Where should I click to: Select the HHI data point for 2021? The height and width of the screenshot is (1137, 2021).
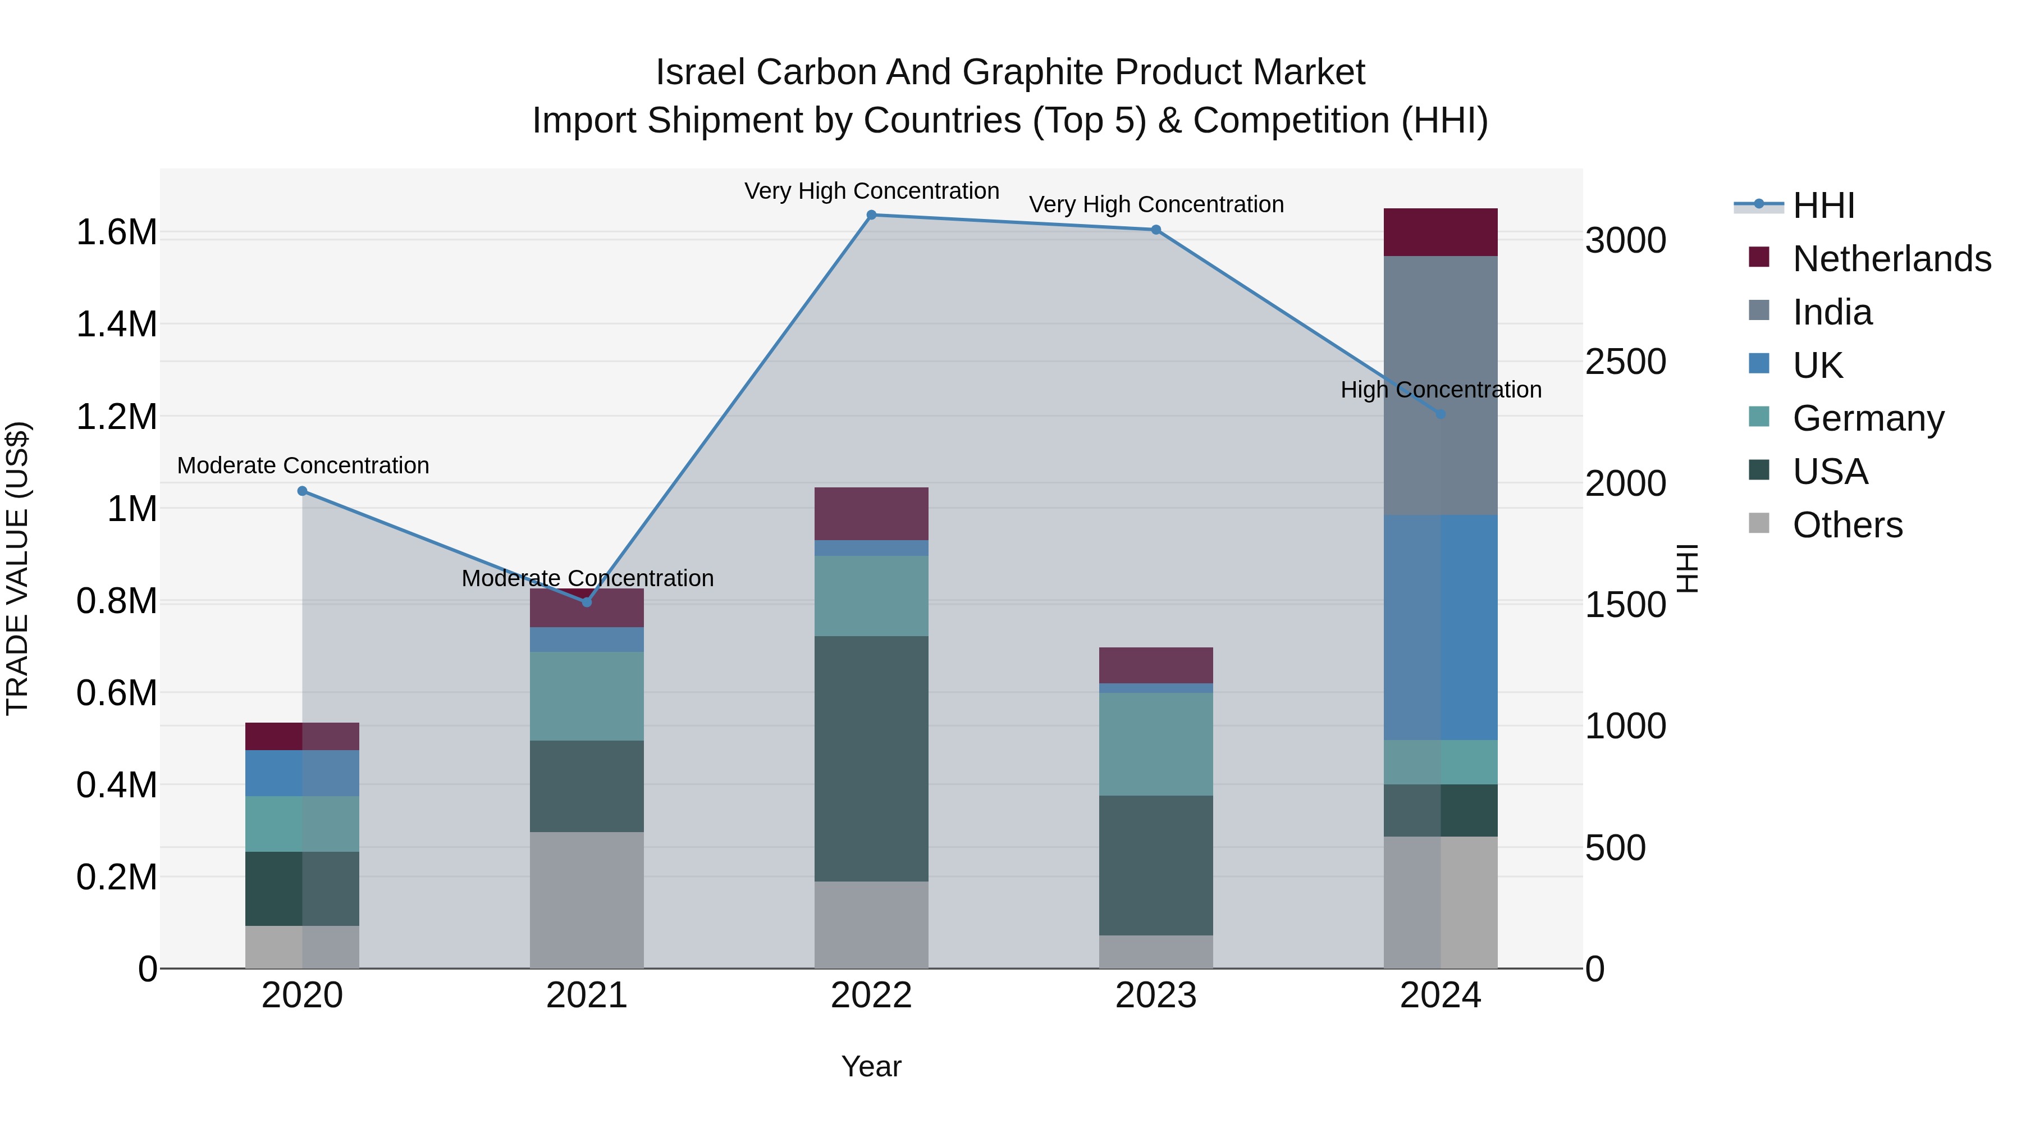pos(587,602)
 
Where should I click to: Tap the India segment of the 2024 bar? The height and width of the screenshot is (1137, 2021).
pos(1441,385)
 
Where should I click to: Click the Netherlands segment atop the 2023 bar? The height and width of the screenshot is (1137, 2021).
pos(1156,665)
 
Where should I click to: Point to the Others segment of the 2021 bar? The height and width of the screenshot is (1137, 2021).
pos(587,900)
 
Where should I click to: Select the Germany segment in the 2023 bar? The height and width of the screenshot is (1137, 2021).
pos(1156,744)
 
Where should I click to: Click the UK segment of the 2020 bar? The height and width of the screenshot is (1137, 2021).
pos(302,773)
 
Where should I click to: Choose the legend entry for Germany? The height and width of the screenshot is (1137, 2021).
pos(1868,418)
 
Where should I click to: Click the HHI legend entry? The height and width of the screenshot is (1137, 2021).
pos(1823,206)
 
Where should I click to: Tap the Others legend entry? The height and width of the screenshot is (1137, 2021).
pos(1847,525)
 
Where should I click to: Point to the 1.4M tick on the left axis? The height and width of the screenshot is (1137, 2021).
pos(116,324)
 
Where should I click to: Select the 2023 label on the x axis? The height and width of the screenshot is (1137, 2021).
pos(1156,996)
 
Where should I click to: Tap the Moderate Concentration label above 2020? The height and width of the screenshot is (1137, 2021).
pos(303,465)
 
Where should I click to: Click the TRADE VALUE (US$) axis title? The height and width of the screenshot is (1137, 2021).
pos(17,567)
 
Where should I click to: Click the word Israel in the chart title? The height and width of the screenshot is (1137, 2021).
pos(700,72)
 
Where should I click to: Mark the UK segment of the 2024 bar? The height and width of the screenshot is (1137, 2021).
pos(1441,627)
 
